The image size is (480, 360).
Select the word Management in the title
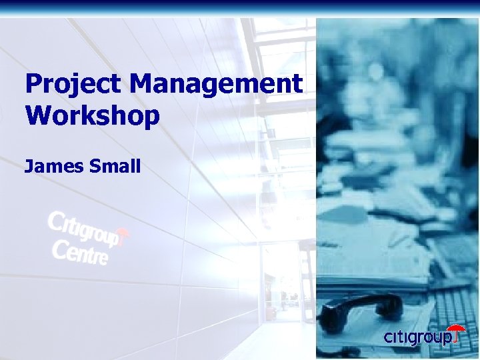point(217,85)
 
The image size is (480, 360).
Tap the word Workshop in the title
point(92,115)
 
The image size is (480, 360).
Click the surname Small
point(113,166)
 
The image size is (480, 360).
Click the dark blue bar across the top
point(240,6)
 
